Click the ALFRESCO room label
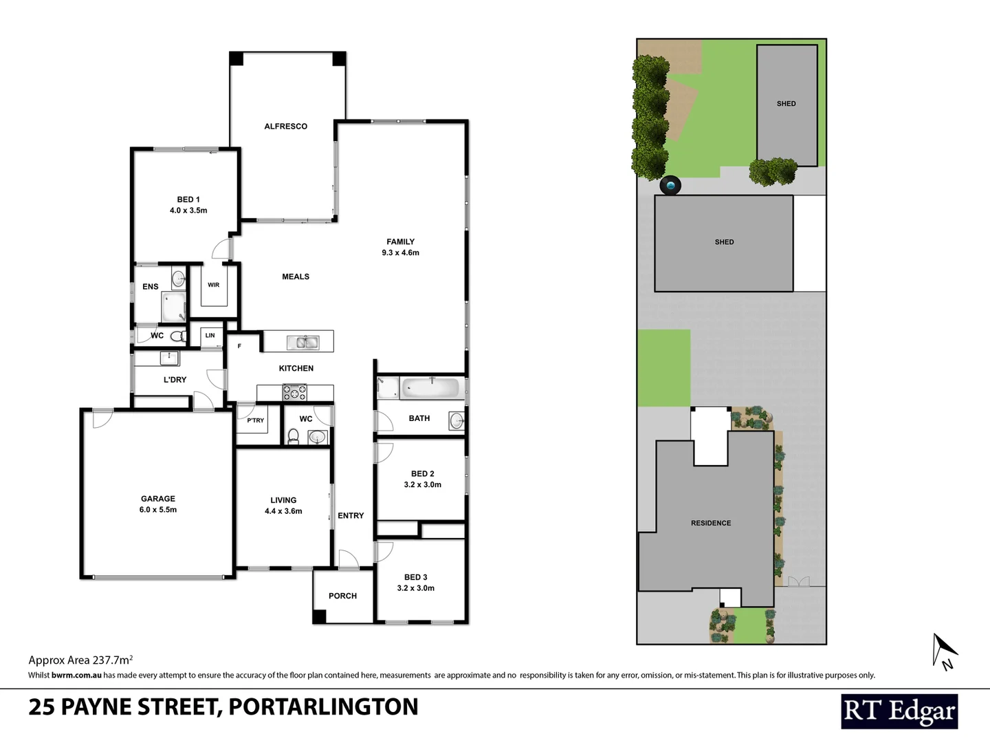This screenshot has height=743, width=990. pyautogui.click(x=285, y=127)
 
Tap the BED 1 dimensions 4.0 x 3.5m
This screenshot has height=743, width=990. pyautogui.click(x=188, y=211)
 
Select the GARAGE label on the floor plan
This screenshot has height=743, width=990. pyautogui.click(x=158, y=499)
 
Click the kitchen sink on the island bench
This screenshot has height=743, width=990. pyautogui.click(x=302, y=342)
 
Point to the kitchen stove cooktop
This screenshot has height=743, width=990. pyautogui.click(x=295, y=393)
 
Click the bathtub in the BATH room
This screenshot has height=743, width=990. pyautogui.click(x=430, y=388)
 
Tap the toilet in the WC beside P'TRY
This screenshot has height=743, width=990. pyautogui.click(x=293, y=435)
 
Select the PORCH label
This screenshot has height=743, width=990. pyautogui.click(x=342, y=596)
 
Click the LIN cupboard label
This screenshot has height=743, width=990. pyautogui.click(x=210, y=336)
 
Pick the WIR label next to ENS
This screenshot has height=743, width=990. pyautogui.click(x=214, y=285)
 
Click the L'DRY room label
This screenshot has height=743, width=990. pyautogui.click(x=175, y=380)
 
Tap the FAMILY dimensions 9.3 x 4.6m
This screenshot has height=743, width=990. pyautogui.click(x=401, y=252)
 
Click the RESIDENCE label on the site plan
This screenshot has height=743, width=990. pyautogui.click(x=711, y=523)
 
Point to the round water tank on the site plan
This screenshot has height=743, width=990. pyautogui.click(x=670, y=185)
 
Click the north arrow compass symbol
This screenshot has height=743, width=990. pyautogui.click(x=943, y=651)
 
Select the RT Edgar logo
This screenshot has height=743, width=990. pyautogui.click(x=899, y=711)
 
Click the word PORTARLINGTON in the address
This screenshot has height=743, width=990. pyautogui.click(x=323, y=707)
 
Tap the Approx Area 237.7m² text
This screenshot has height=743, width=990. pyautogui.click(x=80, y=660)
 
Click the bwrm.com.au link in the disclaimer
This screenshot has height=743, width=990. pyautogui.click(x=76, y=675)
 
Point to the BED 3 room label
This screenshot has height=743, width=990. pyautogui.click(x=416, y=577)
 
